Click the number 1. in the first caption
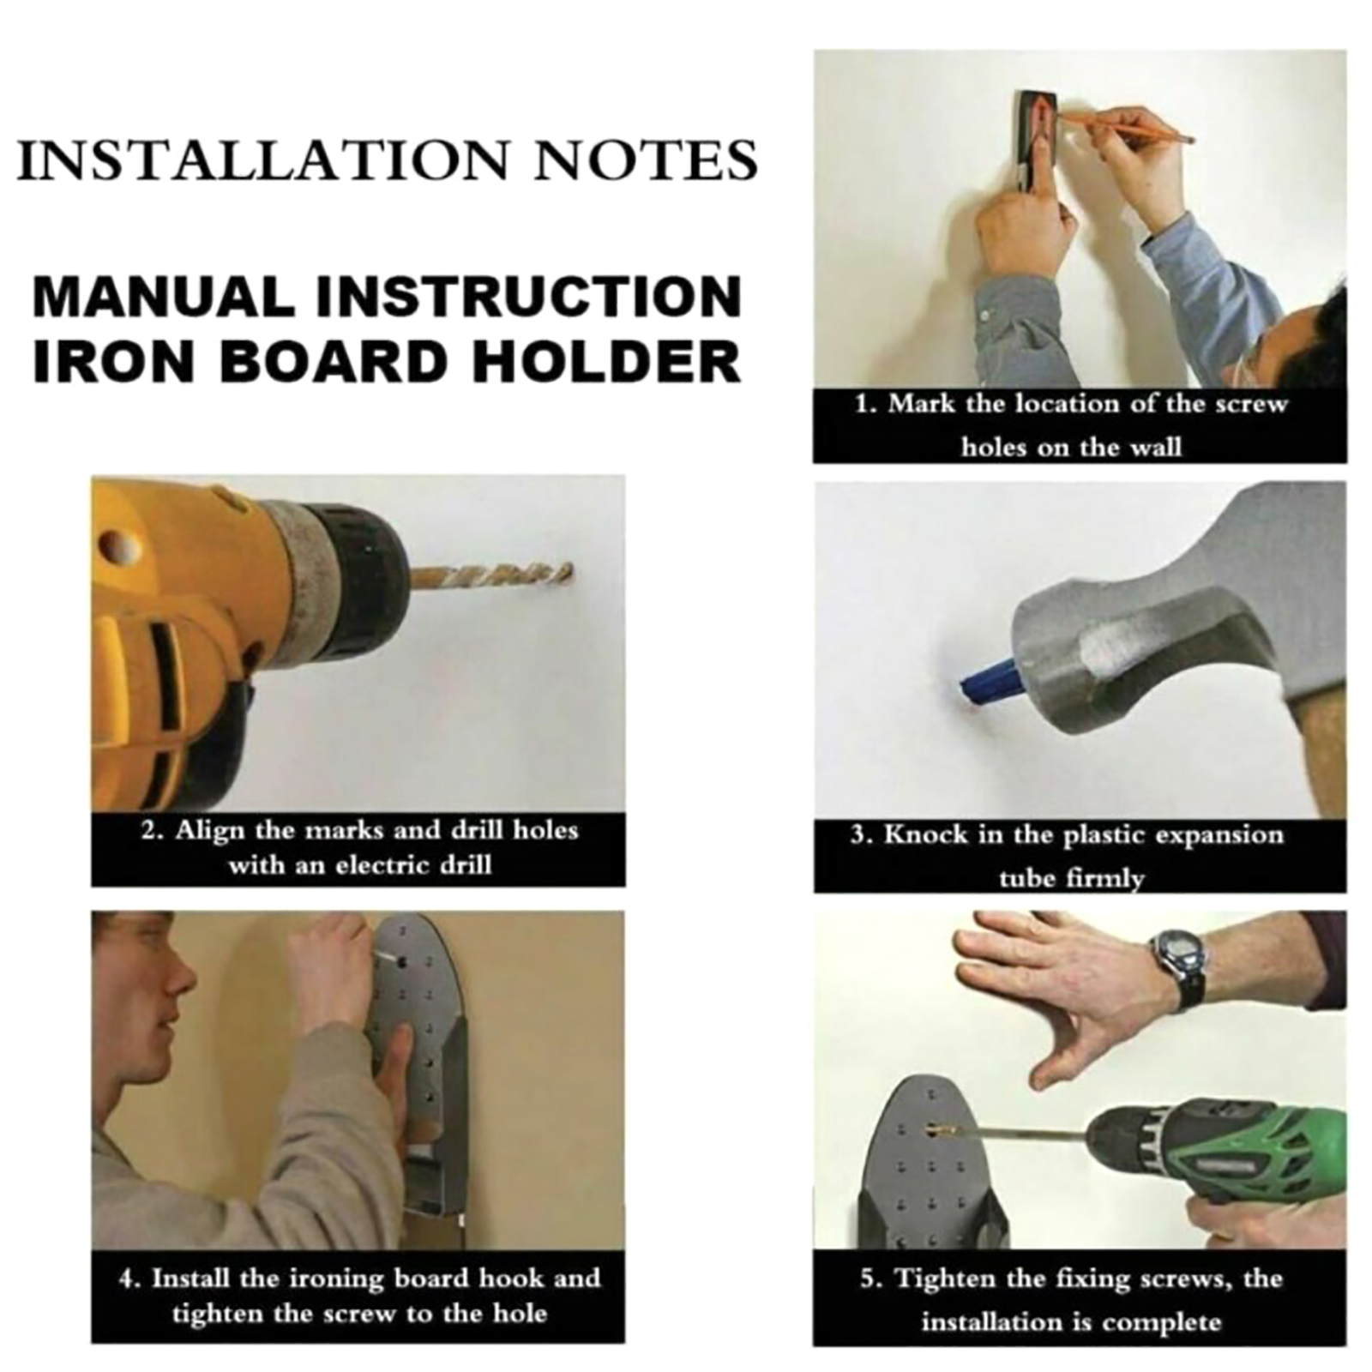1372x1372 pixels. [x=866, y=404]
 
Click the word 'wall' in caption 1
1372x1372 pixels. [x=1152, y=447]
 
